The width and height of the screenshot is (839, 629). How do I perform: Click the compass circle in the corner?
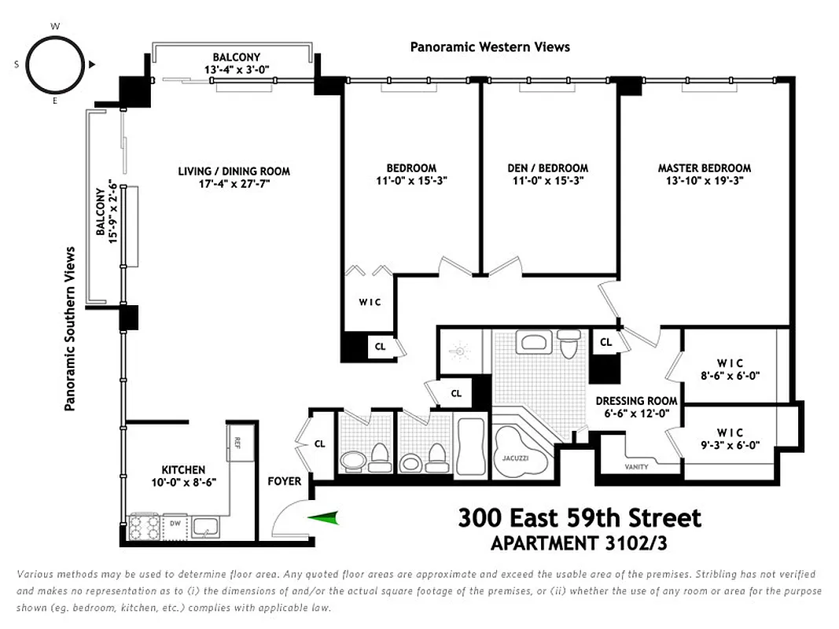tap(55, 65)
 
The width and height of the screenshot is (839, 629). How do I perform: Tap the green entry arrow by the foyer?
tap(324, 517)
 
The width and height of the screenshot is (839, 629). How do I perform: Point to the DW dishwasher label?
tap(175, 523)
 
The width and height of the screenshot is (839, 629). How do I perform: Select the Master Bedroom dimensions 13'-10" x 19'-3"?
tap(704, 180)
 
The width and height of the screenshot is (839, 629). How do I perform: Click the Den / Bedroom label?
tap(548, 167)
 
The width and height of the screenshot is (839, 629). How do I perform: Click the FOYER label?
tap(285, 480)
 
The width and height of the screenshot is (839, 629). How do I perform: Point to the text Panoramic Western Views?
tap(490, 47)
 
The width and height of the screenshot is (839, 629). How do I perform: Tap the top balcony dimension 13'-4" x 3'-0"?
tap(236, 69)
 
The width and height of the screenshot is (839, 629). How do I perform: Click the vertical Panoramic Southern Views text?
tap(70, 329)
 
